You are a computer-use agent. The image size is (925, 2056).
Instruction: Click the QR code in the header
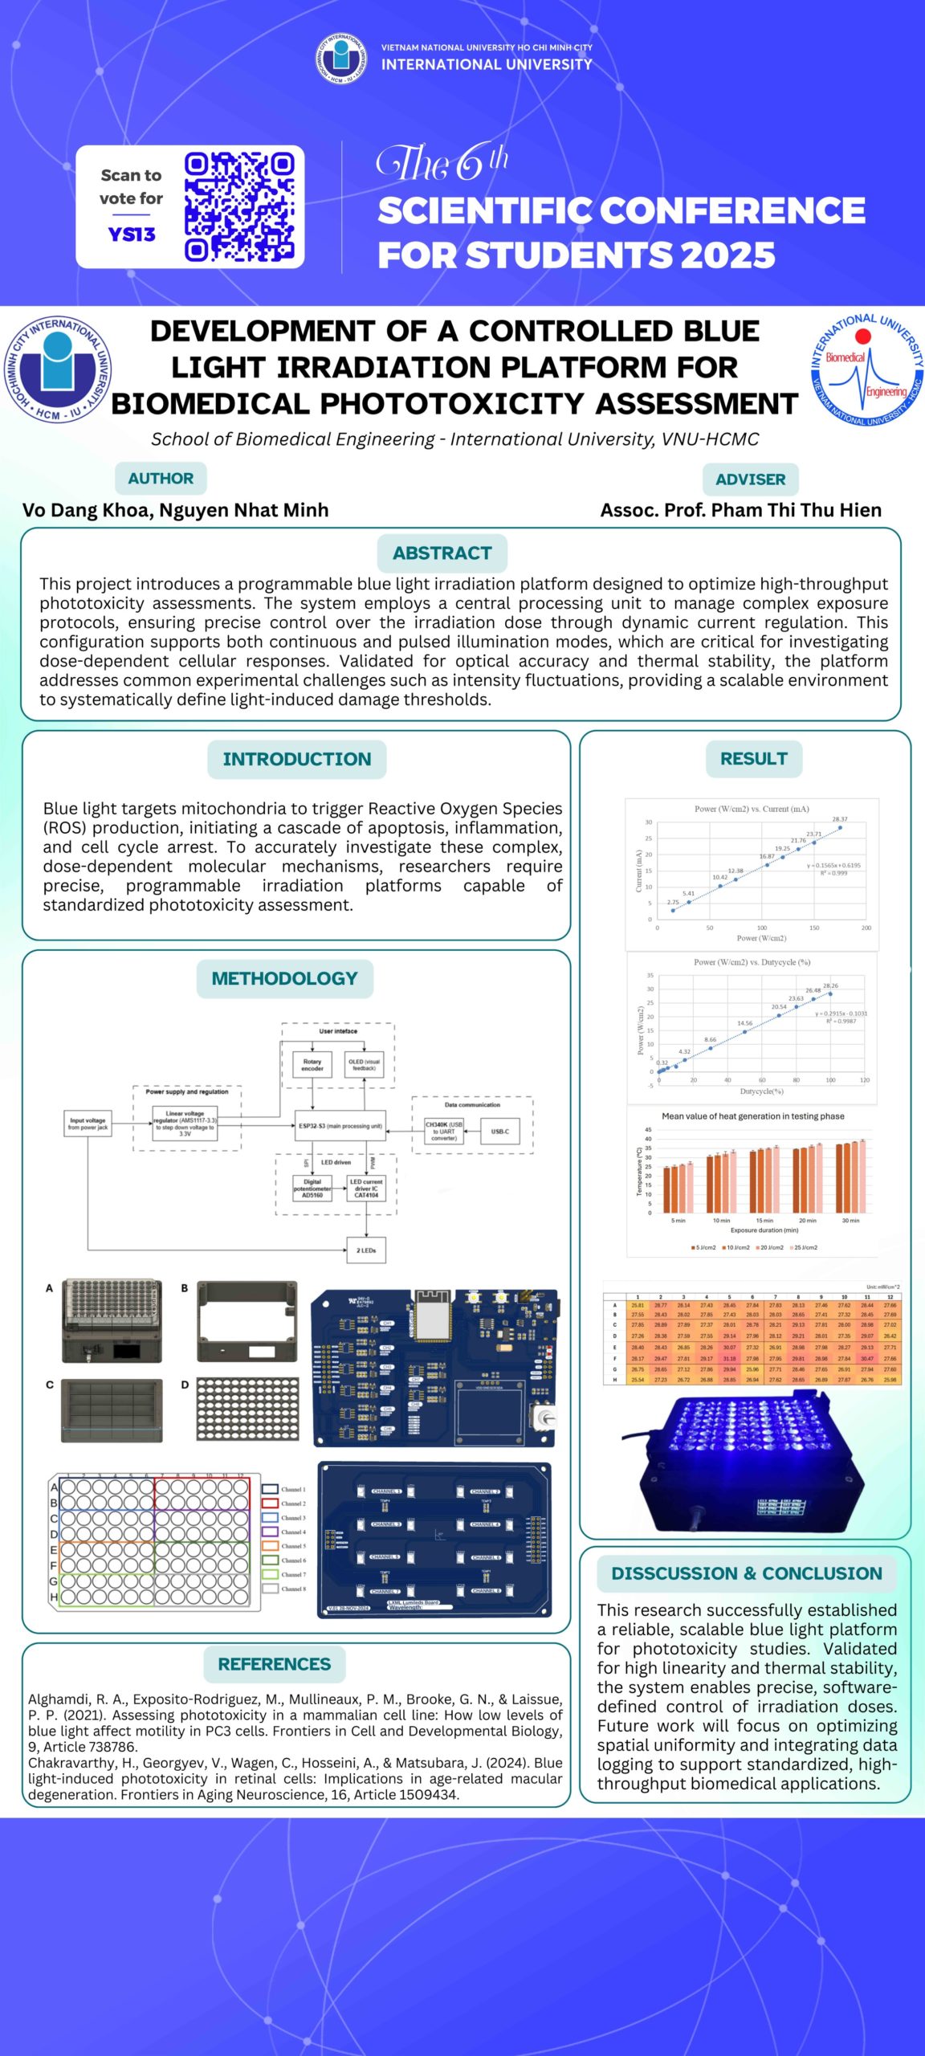click(239, 207)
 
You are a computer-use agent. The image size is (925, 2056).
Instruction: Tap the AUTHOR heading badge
click(161, 478)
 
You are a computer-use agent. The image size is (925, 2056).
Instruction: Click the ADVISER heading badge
click(750, 479)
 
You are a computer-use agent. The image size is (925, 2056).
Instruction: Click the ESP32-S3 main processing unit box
click(340, 1125)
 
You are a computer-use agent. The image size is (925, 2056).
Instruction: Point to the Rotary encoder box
click(312, 1065)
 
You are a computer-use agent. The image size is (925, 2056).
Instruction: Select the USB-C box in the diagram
click(499, 1131)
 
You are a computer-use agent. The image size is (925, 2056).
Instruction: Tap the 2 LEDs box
click(366, 1250)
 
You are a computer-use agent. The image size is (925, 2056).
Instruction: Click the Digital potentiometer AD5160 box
click(312, 1188)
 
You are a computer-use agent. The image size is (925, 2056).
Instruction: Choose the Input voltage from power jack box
click(88, 1124)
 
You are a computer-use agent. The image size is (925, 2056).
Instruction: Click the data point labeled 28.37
click(840, 827)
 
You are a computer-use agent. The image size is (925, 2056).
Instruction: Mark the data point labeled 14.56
click(745, 1031)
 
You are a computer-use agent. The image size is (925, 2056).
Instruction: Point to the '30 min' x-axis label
click(850, 1220)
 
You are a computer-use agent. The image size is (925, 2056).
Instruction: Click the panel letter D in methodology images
click(185, 1385)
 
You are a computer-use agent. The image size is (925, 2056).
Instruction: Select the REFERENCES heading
click(274, 1663)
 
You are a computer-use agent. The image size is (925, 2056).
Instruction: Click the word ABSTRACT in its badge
click(442, 553)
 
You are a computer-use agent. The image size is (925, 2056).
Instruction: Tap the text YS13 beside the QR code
click(131, 234)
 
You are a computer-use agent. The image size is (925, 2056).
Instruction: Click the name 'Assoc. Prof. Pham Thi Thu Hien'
click(740, 510)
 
